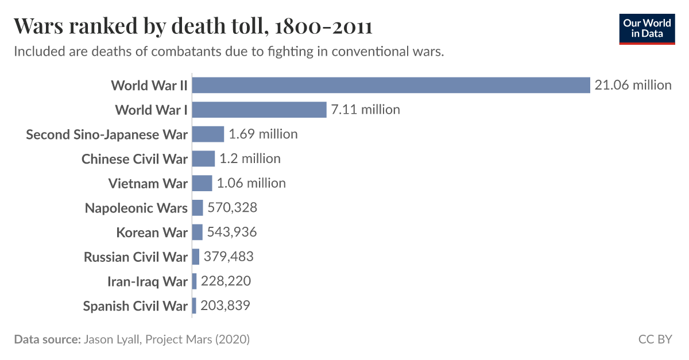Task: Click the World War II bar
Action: point(391,85)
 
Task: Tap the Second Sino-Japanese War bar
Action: point(208,134)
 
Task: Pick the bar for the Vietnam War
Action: point(202,183)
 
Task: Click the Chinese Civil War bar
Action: point(203,158)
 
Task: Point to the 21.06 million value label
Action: point(633,85)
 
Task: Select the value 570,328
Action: point(233,208)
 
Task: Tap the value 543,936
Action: point(232,232)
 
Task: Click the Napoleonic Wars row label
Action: point(136,208)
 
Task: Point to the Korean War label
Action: point(152,233)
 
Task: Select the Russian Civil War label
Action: point(136,257)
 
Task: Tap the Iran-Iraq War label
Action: point(147,281)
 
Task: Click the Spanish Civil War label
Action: point(135,306)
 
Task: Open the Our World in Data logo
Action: point(647,29)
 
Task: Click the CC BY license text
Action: point(655,339)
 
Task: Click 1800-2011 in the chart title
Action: point(324,26)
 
